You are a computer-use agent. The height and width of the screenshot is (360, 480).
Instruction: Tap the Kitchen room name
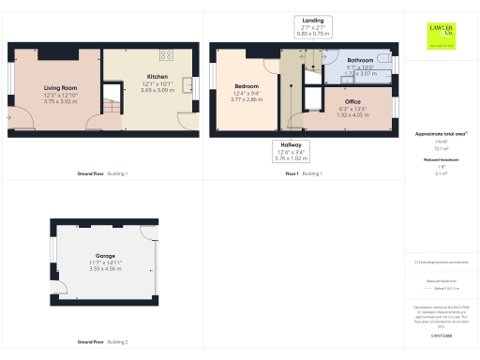click(157, 76)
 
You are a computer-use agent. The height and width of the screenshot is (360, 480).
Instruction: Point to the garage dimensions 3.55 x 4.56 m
click(104, 269)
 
